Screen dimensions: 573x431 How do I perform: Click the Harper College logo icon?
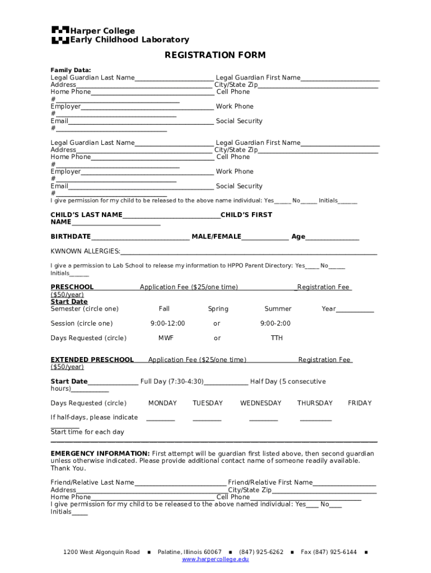coord(60,35)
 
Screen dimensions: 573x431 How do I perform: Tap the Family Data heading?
coord(71,70)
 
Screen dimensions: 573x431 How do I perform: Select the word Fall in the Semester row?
coord(164,309)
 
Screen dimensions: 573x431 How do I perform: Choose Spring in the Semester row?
coord(218,309)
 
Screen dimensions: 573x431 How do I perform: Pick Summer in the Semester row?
coord(278,309)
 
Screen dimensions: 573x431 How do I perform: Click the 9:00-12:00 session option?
coord(167,323)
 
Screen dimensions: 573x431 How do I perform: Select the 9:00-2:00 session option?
coord(275,323)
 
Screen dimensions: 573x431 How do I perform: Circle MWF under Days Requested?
coord(166,338)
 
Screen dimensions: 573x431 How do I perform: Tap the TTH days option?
coord(277,338)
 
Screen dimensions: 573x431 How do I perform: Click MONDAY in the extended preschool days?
coord(162,403)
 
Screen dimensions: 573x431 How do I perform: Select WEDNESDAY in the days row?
coord(260,403)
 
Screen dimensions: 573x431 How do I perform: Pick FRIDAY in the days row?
coord(359,403)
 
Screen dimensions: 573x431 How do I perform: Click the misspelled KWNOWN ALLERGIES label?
coord(85,251)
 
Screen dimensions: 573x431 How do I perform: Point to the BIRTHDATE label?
coord(71,237)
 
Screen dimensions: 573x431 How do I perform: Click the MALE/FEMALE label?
coord(216,237)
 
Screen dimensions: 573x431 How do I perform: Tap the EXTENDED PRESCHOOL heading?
coord(92,360)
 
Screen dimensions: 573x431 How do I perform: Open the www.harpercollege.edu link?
coord(215,560)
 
